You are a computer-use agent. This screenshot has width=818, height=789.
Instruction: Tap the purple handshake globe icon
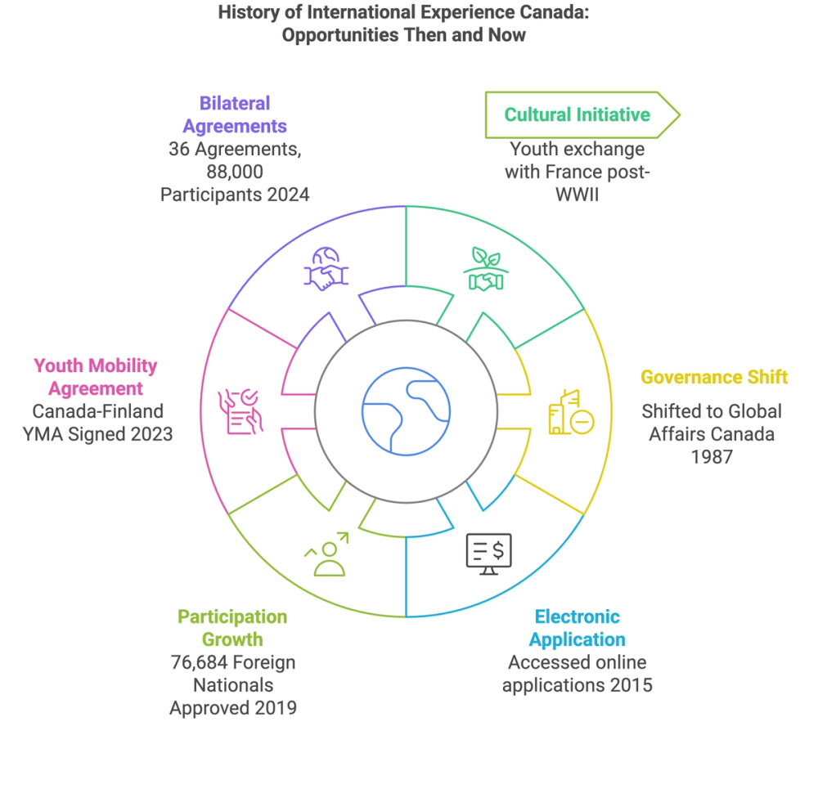point(325,269)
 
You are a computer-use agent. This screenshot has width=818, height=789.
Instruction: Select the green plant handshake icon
point(486,269)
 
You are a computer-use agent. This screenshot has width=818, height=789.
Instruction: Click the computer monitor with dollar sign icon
point(489,553)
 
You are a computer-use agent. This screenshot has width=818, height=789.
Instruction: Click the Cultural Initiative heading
point(577,114)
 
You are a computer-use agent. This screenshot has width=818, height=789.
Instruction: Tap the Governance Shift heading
point(713,377)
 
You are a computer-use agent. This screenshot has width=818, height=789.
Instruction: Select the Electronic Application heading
point(577,628)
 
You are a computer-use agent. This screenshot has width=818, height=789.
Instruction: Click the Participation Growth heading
point(233,628)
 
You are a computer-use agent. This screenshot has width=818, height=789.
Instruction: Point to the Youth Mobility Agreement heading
point(96,377)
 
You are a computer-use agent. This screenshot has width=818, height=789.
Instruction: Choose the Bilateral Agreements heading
point(235,114)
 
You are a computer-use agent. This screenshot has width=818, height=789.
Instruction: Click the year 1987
point(712,456)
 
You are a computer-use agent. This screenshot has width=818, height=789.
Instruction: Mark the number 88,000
point(235,173)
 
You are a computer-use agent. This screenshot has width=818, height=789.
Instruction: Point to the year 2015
point(629,684)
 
